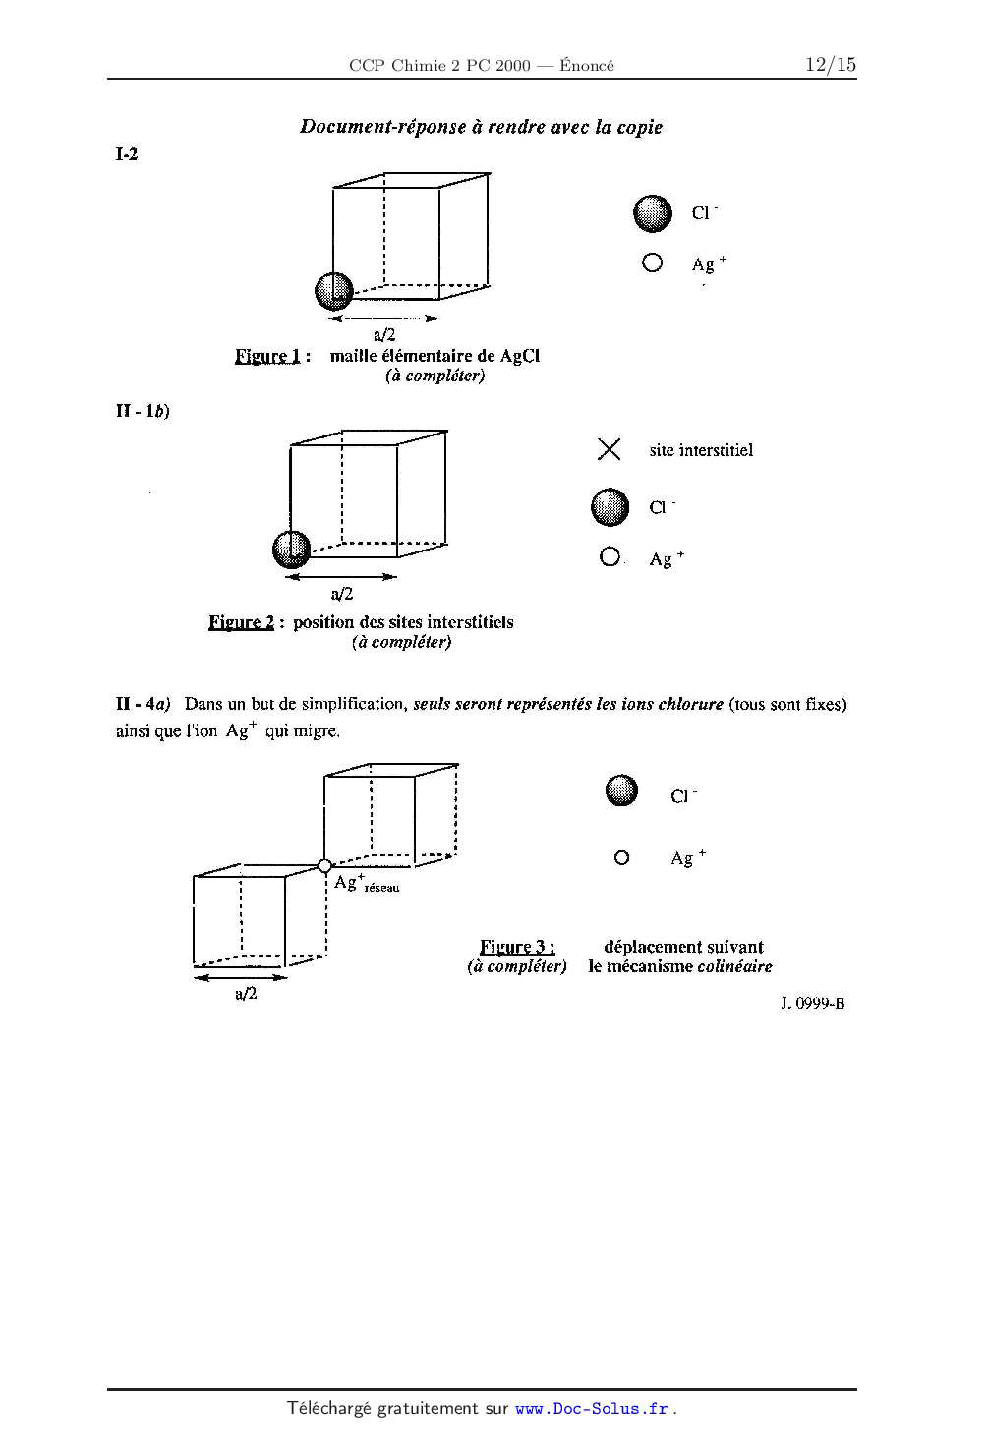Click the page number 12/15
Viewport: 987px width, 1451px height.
[830, 65]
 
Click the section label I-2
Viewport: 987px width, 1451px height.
[127, 154]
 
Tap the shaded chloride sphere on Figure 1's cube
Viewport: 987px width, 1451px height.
[334, 291]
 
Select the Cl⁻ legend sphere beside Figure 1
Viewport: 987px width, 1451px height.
[653, 213]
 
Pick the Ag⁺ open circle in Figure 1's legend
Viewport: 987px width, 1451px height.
[652, 262]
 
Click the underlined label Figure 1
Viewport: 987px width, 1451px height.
[267, 356]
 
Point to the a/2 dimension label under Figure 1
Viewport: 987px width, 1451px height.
[384, 335]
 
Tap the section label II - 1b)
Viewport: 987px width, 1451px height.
[143, 411]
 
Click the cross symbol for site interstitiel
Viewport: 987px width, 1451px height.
[610, 449]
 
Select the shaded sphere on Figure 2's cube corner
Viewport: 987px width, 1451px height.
[291, 549]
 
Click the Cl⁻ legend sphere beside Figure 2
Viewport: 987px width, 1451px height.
[610, 507]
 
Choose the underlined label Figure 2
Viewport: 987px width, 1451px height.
[241, 622]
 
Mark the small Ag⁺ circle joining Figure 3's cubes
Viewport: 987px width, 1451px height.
[324, 866]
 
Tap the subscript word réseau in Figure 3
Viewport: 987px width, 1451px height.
[381, 888]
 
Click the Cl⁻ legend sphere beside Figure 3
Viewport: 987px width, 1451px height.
[621, 790]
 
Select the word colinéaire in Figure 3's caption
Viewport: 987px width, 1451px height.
[734, 967]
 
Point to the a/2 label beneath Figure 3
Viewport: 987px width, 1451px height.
[246, 994]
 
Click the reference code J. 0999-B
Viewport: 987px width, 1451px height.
[812, 1004]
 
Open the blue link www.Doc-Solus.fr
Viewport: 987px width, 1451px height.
[591, 1409]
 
